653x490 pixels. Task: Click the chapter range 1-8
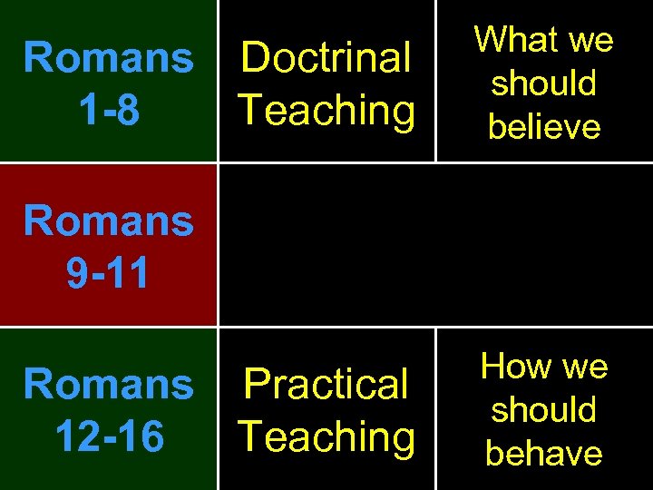(109, 111)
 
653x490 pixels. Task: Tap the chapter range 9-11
(109, 274)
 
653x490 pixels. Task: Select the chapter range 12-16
(109, 437)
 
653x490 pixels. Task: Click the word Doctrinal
(326, 58)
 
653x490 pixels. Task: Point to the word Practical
(326, 385)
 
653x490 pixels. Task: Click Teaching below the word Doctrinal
(326, 111)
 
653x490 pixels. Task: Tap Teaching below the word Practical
(326, 437)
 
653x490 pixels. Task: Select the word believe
(544, 127)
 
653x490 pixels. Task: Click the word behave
(544, 453)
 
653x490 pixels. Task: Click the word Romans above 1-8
(109, 58)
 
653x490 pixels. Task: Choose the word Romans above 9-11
(109, 220)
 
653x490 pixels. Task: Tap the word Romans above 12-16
(109, 385)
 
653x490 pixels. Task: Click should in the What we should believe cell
(544, 83)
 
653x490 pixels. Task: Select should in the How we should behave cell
(544, 410)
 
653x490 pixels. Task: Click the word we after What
(591, 40)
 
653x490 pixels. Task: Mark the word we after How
(586, 367)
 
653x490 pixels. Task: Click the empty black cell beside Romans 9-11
(435, 245)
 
